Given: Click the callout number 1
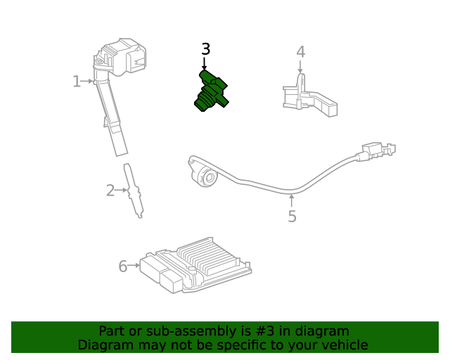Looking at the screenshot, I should pyautogui.click(x=77, y=82).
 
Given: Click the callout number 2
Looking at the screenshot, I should pyautogui.click(x=110, y=191).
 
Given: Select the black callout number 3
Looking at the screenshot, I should pyautogui.click(x=205, y=49).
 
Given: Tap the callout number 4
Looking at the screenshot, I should pyautogui.click(x=300, y=52).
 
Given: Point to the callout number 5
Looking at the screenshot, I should pyautogui.click(x=292, y=217).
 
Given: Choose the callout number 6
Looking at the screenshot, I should pyautogui.click(x=122, y=266).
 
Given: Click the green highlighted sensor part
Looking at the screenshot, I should pyautogui.click(x=211, y=91).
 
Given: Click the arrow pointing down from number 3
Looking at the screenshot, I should pyautogui.click(x=205, y=63).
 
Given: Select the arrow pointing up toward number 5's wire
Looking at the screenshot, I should pyautogui.click(x=292, y=200).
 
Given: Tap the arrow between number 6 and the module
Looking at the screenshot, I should pyautogui.click(x=134, y=266).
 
